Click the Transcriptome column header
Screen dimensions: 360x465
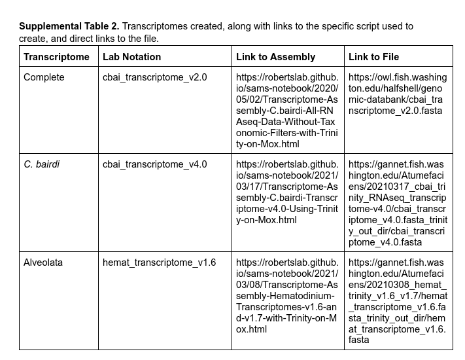click(56, 57)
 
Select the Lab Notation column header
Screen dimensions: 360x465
click(131, 57)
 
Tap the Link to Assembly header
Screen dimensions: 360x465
click(275, 57)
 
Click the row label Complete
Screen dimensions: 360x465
click(44, 77)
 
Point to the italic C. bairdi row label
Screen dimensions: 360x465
click(41, 164)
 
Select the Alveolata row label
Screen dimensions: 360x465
click(44, 262)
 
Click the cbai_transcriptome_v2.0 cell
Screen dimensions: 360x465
click(154, 77)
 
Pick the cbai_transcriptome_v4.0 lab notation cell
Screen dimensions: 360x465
click(154, 164)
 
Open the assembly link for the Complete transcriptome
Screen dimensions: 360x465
click(287, 111)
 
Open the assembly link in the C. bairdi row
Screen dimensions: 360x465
click(287, 192)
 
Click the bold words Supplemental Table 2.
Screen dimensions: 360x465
click(69, 27)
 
